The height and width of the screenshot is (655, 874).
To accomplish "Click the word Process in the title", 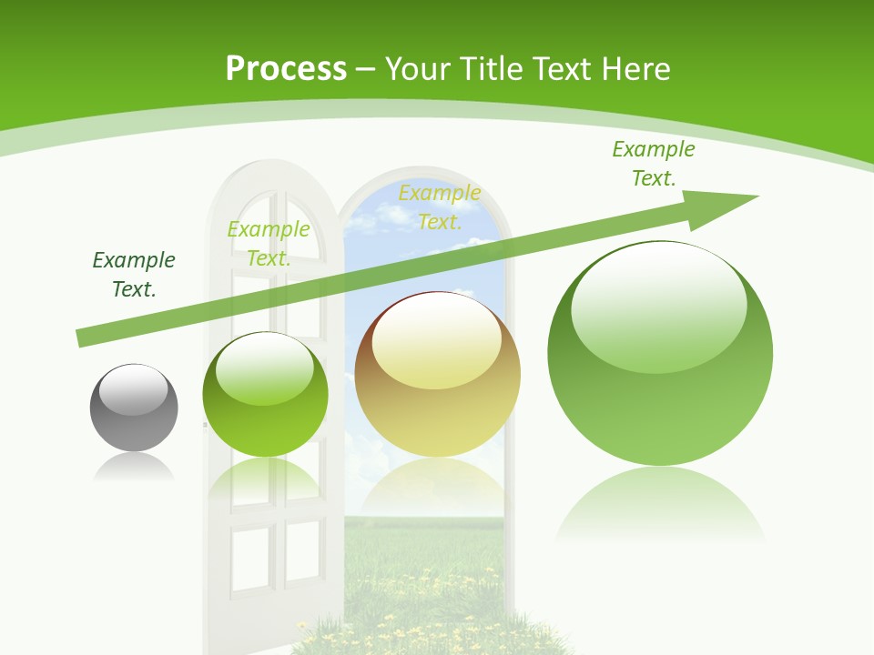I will coord(286,69).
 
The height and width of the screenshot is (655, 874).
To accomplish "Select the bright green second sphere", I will coord(265,394).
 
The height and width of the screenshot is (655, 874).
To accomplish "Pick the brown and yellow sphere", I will coord(437,374).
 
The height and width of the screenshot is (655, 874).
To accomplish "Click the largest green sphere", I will coord(660,353).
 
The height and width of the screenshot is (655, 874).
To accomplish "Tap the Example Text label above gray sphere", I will coord(134,275).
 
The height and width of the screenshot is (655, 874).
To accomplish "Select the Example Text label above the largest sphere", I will coord(653,164).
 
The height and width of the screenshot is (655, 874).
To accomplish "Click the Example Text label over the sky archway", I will coord(440,207).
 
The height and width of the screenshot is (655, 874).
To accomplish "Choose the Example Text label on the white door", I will coord(269,244).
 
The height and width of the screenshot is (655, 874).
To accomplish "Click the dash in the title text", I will coord(366,70).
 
